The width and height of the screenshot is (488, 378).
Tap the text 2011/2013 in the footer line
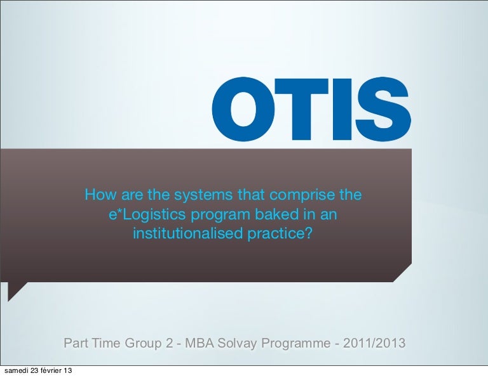pyautogui.click(x=374, y=343)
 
